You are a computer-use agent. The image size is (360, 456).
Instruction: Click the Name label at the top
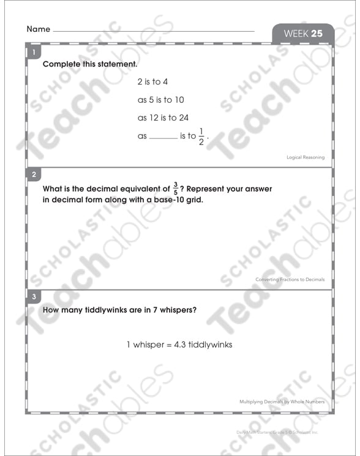pos(38,29)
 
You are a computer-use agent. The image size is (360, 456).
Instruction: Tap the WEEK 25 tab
pos(302,34)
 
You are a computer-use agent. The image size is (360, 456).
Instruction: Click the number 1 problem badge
pos(33,53)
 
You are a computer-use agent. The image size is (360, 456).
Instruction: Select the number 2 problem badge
pos(34,174)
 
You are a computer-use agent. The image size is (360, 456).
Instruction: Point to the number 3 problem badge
pos(34,297)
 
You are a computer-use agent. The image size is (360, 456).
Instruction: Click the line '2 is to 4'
pos(152,81)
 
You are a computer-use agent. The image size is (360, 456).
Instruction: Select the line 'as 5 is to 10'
pos(160,100)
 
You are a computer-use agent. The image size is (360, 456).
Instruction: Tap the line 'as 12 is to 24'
pos(163,118)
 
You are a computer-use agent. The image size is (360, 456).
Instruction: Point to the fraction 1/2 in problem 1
pos(201,136)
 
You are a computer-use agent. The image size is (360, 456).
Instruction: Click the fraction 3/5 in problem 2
pos(176,189)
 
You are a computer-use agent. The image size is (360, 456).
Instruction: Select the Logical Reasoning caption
pos(306,157)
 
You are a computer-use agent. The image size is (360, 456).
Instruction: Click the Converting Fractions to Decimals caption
pos(290,280)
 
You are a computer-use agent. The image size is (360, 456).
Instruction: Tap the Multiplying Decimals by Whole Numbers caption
pos(282,402)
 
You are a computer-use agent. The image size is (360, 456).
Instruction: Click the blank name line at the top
pos(154,30)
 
